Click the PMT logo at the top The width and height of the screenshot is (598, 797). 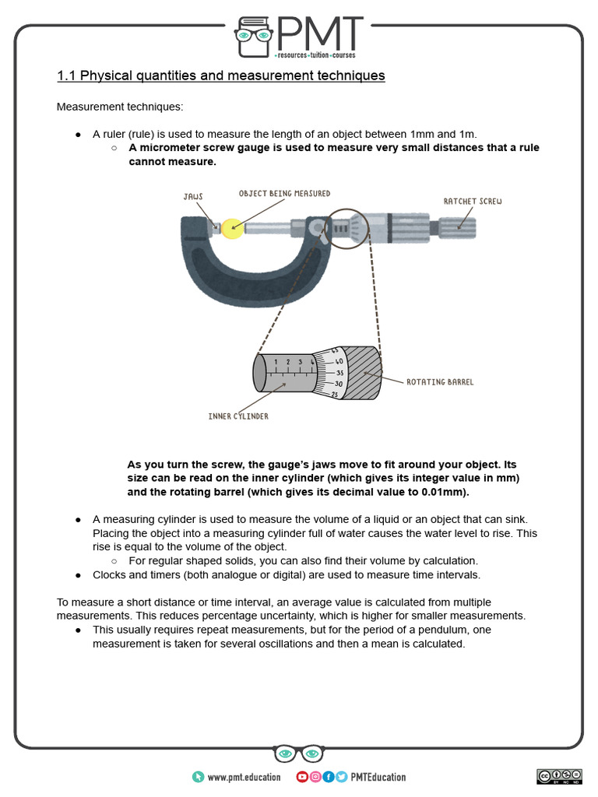coord(299,37)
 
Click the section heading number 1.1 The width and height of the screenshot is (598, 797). coord(66,76)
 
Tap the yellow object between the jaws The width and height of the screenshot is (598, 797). coord(231,227)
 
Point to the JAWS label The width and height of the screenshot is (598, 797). coord(192,197)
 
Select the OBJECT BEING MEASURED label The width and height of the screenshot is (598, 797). coord(284,193)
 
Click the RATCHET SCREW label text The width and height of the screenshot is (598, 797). coord(473,202)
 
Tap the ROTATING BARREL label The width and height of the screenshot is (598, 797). coord(439,382)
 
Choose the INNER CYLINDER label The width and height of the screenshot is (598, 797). coord(238,416)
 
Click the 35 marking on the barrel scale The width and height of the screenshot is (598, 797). coord(339,373)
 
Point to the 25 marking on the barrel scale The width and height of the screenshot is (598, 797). coord(335,395)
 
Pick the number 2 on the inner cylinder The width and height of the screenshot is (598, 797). coord(287,363)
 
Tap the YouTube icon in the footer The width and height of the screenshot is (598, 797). coord(302,777)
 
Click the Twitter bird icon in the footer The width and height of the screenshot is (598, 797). coord(341,777)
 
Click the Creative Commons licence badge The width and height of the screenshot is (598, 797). coord(558,776)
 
